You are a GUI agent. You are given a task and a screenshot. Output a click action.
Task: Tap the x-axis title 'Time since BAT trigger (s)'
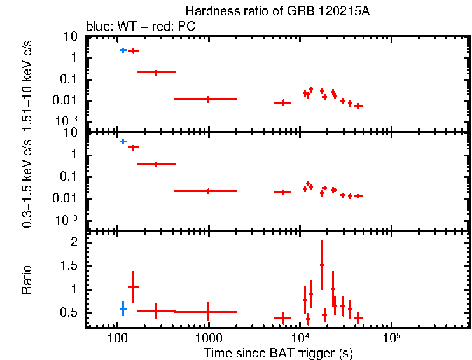(x=278, y=352)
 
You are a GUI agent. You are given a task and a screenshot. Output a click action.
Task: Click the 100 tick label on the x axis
(x=117, y=337)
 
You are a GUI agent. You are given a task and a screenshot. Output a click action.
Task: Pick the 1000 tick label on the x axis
(x=208, y=337)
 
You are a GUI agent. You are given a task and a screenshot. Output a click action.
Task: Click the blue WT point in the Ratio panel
(x=123, y=308)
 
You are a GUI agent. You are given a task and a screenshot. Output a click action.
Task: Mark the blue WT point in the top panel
(x=123, y=50)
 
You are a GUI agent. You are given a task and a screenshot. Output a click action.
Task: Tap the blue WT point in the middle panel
(x=123, y=141)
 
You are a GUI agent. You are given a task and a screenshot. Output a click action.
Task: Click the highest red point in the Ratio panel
(x=321, y=265)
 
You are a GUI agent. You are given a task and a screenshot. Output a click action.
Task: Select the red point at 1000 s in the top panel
(x=208, y=99)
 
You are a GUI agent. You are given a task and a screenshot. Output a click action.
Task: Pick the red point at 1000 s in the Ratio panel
(x=208, y=312)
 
